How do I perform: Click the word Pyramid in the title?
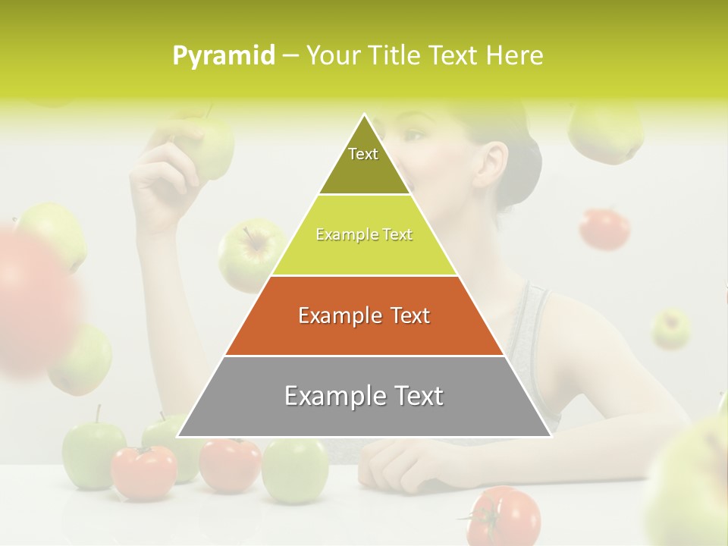[x=223, y=55]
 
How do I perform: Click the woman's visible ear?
[x=492, y=162]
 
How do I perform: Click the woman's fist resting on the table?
[x=395, y=462]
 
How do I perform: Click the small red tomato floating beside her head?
[x=604, y=228]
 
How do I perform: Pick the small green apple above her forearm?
[x=671, y=329]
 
